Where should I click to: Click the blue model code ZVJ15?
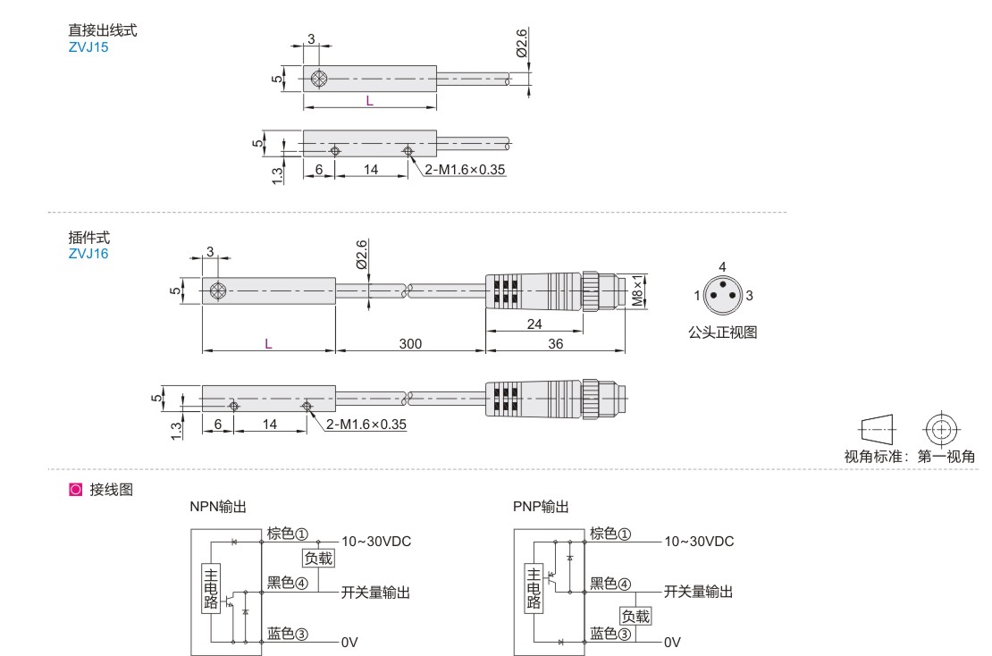click(88, 47)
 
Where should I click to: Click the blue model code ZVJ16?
click(88, 254)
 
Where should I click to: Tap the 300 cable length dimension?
click(410, 343)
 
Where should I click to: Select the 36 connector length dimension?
click(556, 343)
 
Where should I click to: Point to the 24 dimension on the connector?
click(534, 324)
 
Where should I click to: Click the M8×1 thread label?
click(638, 290)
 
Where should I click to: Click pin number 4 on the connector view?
click(722, 267)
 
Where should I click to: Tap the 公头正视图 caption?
click(722, 332)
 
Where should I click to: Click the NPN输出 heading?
click(218, 507)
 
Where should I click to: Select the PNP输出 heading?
click(541, 507)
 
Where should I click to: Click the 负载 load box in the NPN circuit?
click(318, 558)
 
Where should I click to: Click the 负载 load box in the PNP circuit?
click(635, 616)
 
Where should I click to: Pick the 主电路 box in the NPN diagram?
click(211, 588)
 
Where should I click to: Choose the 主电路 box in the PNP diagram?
click(534, 588)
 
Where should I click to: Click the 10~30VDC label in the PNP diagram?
click(699, 542)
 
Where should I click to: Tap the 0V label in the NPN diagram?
click(349, 643)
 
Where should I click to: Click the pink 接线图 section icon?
click(75, 490)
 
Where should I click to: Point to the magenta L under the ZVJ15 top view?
click(369, 101)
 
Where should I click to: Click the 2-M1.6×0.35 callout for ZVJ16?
click(366, 425)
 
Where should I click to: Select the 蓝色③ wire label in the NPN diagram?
click(287, 634)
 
